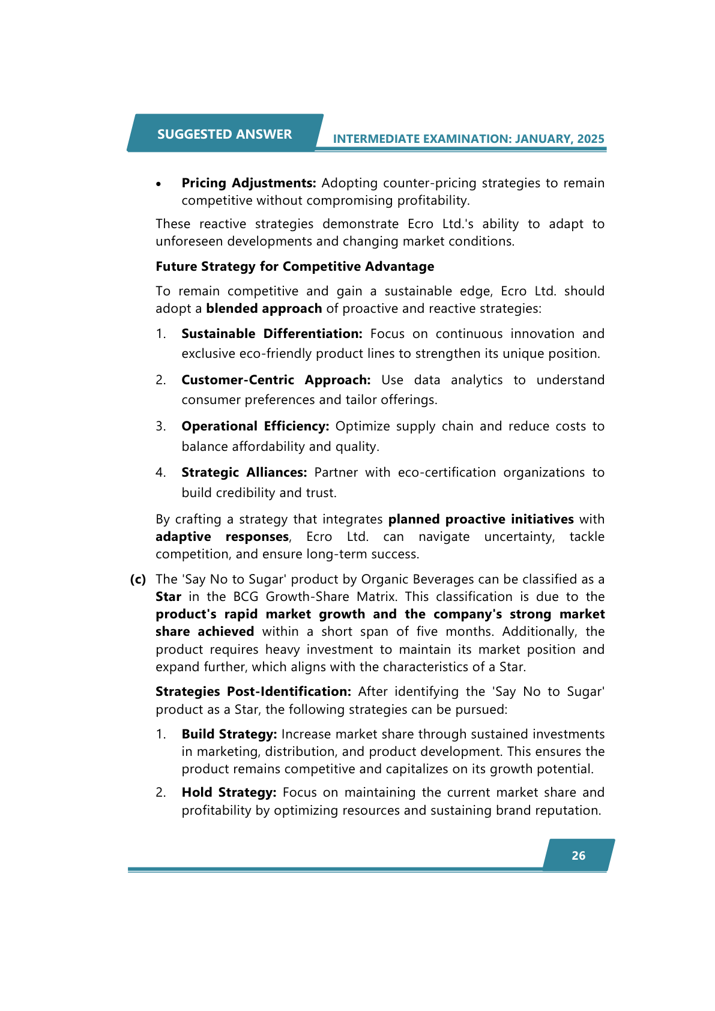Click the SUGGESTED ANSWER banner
coord(225,134)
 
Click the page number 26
coord(578,856)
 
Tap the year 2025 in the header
coord(591,139)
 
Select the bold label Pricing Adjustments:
coord(249,183)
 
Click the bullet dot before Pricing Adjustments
coord(158,184)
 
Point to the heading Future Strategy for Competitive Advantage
coord(295,267)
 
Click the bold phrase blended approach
coord(264,309)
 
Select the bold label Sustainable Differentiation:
coord(272,334)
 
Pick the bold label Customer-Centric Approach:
coord(276,380)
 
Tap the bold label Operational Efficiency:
coord(255,426)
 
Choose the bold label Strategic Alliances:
coord(244,472)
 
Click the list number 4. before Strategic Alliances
coord(160,472)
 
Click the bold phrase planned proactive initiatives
coord(481,519)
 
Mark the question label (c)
coord(138,579)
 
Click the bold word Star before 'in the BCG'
coord(168,597)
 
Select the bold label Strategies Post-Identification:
coord(253,692)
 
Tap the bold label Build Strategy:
coord(229,734)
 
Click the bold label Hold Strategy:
coord(229,792)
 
